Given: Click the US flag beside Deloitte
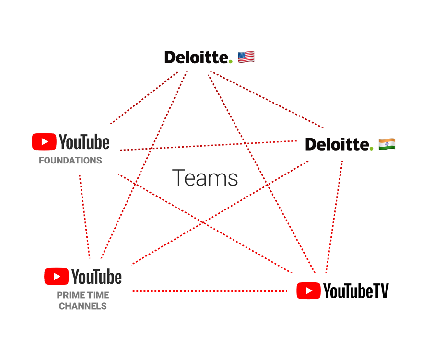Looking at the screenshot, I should point(246,58).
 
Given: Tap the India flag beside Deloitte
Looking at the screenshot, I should point(387,144).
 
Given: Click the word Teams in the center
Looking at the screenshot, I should point(205,178).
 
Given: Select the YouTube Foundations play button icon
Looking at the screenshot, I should point(44,142).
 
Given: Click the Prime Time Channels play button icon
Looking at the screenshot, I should point(56,277).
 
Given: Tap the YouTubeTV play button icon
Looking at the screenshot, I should point(308,290).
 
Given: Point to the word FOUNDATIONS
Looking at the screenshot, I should point(70,161).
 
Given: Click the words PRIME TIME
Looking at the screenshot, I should point(83,295).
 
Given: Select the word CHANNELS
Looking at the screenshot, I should point(83,306).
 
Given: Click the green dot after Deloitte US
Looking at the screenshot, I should point(230,61).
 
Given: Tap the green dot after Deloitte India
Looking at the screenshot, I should point(371,148).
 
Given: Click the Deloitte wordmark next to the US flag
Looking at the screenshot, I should point(196,58).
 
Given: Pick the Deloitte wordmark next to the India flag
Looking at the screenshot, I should point(337,144).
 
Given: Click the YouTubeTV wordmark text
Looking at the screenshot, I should point(356,290).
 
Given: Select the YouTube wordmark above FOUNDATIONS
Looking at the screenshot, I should point(84,142).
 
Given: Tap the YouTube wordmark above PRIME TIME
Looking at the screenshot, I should point(97,277).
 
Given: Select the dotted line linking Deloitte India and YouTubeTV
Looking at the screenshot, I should point(335,216).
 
